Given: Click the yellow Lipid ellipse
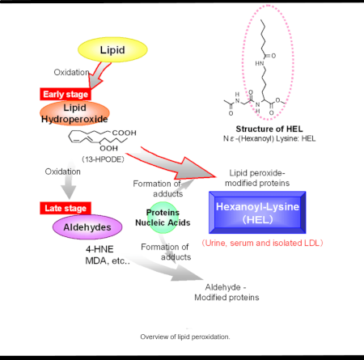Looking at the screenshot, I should (x=112, y=50).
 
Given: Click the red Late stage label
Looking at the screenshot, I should (x=62, y=209).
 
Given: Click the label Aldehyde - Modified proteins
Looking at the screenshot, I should (x=231, y=292).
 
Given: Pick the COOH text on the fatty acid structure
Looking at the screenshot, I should (x=127, y=133).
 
